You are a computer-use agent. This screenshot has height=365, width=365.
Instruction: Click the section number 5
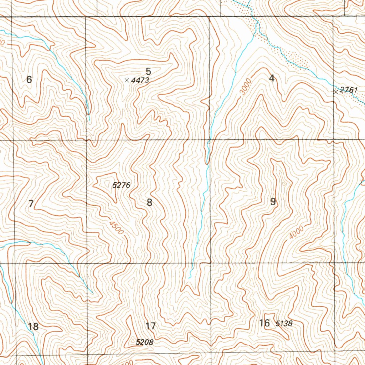148,71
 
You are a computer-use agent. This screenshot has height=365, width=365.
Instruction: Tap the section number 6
29,80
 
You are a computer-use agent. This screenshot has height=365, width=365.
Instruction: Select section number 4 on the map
272,78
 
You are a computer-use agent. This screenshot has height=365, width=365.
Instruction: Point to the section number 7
31,204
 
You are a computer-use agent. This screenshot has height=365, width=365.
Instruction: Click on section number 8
149,203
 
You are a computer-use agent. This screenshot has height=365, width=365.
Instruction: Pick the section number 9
273,202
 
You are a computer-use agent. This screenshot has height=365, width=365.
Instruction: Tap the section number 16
264,323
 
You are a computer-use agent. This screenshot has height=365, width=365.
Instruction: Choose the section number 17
151,326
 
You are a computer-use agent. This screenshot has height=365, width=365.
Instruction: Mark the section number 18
33,326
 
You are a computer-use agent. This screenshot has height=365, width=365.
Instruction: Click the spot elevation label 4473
140,81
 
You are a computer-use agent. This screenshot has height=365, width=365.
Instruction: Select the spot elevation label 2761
348,90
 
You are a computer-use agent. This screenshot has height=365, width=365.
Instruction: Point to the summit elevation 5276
121,185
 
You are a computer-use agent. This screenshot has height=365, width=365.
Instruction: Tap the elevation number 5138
284,324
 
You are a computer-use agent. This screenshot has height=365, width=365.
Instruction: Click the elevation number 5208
145,342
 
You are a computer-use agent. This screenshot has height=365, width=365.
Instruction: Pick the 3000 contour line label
246,87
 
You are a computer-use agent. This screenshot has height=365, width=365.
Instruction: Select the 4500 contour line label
117,228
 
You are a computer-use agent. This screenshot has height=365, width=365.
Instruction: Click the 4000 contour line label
297,232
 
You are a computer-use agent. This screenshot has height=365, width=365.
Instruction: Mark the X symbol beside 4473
127,81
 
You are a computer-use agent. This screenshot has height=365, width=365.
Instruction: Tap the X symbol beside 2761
335,92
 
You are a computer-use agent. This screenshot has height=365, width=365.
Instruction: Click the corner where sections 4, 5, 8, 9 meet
209,140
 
